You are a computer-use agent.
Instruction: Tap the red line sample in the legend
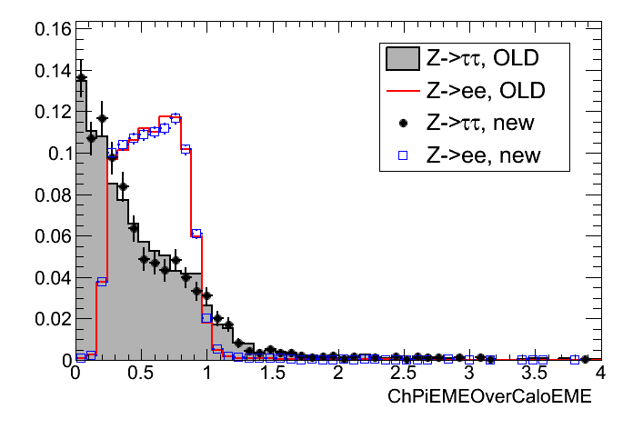(402, 92)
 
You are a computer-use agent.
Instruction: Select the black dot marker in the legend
(402, 124)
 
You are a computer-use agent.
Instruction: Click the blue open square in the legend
(402, 155)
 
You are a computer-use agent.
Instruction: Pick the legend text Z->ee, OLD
(482, 92)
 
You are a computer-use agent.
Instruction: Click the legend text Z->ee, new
(482, 155)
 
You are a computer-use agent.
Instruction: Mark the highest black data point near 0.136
(81, 78)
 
